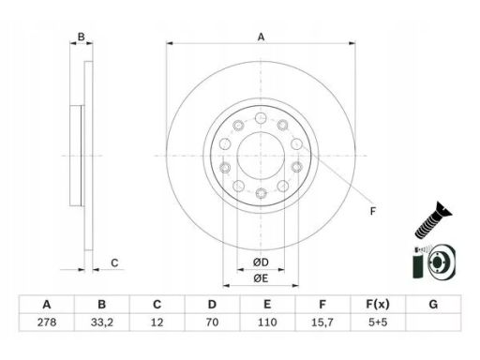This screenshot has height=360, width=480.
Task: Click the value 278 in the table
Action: [x=47, y=322]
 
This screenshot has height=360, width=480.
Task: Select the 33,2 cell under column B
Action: [x=102, y=322]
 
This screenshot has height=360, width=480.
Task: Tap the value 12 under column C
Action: [x=157, y=322]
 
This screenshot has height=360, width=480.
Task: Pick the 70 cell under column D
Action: [x=212, y=322]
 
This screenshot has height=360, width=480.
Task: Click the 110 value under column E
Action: [x=267, y=322]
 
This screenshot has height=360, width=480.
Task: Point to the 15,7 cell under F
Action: [x=322, y=322]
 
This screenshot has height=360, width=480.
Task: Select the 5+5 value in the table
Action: [x=378, y=322]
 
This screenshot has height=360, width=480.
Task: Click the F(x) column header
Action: [x=378, y=305]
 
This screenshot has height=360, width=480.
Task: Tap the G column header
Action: [x=433, y=305]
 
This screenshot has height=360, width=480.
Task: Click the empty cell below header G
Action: [x=433, y=322]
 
